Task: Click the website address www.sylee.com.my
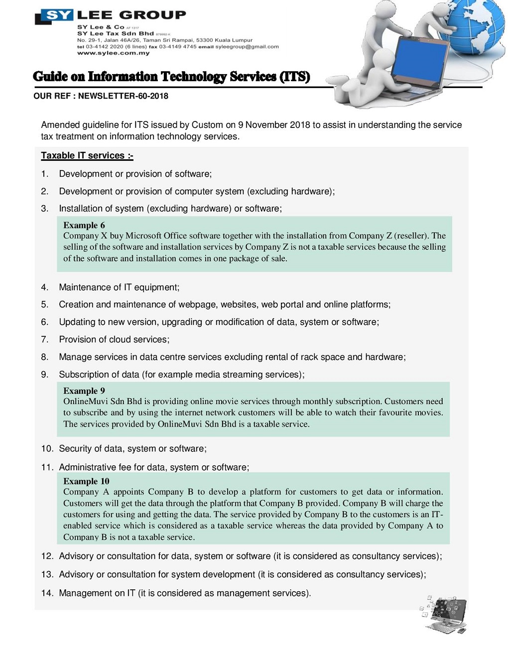point(113,53)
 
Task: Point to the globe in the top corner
point(478,30)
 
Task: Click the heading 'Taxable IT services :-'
point(87,156)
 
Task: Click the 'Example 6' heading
point(84,225)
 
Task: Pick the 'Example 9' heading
point(84,391)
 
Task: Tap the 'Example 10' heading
point(86,481)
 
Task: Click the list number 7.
point(45,339)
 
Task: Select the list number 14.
point(47,593)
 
